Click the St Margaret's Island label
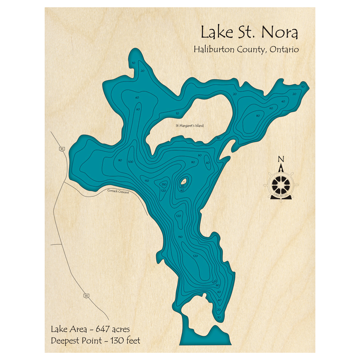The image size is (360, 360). (x=189, y=126)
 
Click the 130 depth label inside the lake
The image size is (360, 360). (x=164, y=184)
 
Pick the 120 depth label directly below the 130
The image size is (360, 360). (x=163, y=190)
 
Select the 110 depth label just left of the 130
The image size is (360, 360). (x=147, y=180)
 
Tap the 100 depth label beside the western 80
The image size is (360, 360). (x=130, y=162)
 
